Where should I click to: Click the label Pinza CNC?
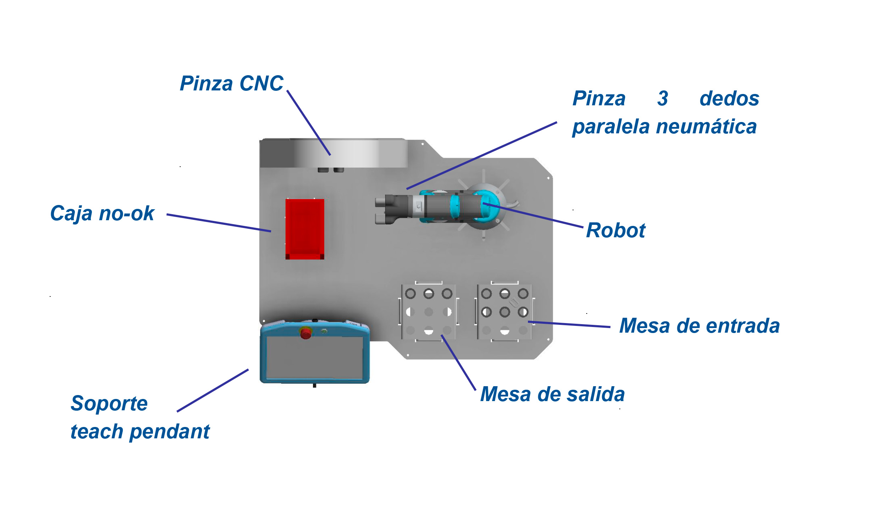pos(231,84)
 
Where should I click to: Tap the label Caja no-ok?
pos(102,213)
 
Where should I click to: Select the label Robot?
pos(616,231)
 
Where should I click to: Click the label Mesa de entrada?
pos(699,326)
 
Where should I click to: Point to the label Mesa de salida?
pos(552,394)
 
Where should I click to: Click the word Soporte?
pos(109,404)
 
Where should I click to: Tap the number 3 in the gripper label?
pos(662,99)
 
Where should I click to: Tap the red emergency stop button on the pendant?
pos(305,333)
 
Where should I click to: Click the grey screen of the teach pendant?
pos(314,358)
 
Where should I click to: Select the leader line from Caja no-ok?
pos(219,223)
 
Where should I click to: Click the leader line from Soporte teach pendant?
pos(213,390)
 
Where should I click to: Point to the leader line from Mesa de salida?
pos(458,362)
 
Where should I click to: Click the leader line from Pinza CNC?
pos(309,123)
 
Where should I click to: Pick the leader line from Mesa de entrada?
pos(569,324)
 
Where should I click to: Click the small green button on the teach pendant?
pos(324,331)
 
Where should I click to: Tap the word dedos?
pos(729,99)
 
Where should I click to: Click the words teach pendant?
pos(140,432)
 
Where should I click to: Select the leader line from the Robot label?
pos(533,215)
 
